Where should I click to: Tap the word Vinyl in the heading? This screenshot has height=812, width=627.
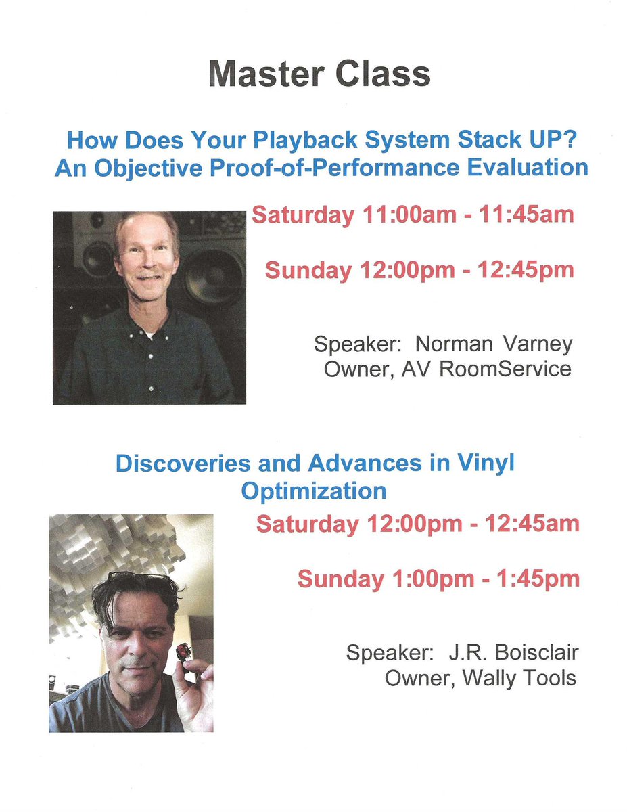pos(485,464)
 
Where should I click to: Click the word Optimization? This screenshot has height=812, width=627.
pos(314,490)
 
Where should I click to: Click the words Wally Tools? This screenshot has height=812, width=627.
pos(519,678)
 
